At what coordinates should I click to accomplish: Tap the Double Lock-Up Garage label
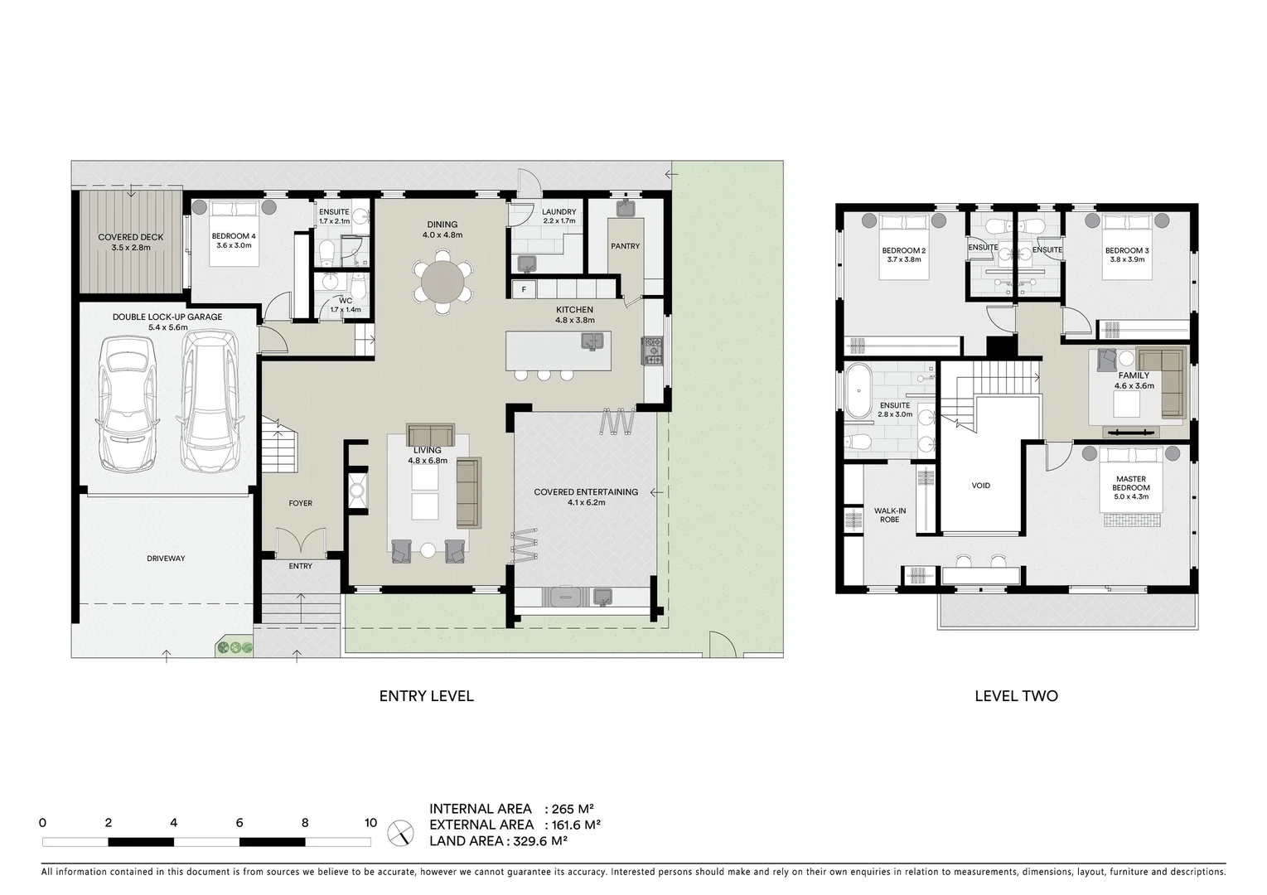point(167,317)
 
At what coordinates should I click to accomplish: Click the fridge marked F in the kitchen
point(524,289)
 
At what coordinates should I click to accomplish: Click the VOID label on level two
point(980,486)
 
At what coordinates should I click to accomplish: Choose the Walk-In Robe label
point(889,515)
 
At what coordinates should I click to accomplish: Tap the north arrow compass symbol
point(400,832)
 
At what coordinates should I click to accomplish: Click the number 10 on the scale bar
point(370,823)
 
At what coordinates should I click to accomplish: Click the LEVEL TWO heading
point(1016,696)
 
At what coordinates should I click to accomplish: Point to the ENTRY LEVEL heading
point(426,696)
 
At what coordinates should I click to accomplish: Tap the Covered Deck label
point(131,237)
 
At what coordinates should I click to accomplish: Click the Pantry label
point(625,246)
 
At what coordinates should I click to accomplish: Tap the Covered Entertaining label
point(586,492)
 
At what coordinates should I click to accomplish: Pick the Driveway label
point(166,559)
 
